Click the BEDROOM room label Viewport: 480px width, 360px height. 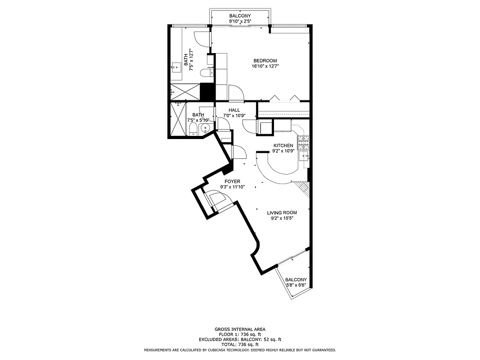pos(265,61)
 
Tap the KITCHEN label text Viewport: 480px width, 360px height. pos(283,145)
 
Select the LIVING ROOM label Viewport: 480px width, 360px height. pos(282,213)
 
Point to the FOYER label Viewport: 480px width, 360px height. pos(232,181)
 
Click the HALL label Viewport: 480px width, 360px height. pos(234,110)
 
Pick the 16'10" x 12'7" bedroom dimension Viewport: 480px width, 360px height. pos(265,67)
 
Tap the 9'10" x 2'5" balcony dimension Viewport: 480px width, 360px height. pos(240,21)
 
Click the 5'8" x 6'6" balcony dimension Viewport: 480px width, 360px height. pos(296,285)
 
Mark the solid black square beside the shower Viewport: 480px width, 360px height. pos(206,92)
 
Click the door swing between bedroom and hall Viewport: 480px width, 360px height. pos(236,93)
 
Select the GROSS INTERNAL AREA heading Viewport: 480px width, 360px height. pos(240,329)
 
